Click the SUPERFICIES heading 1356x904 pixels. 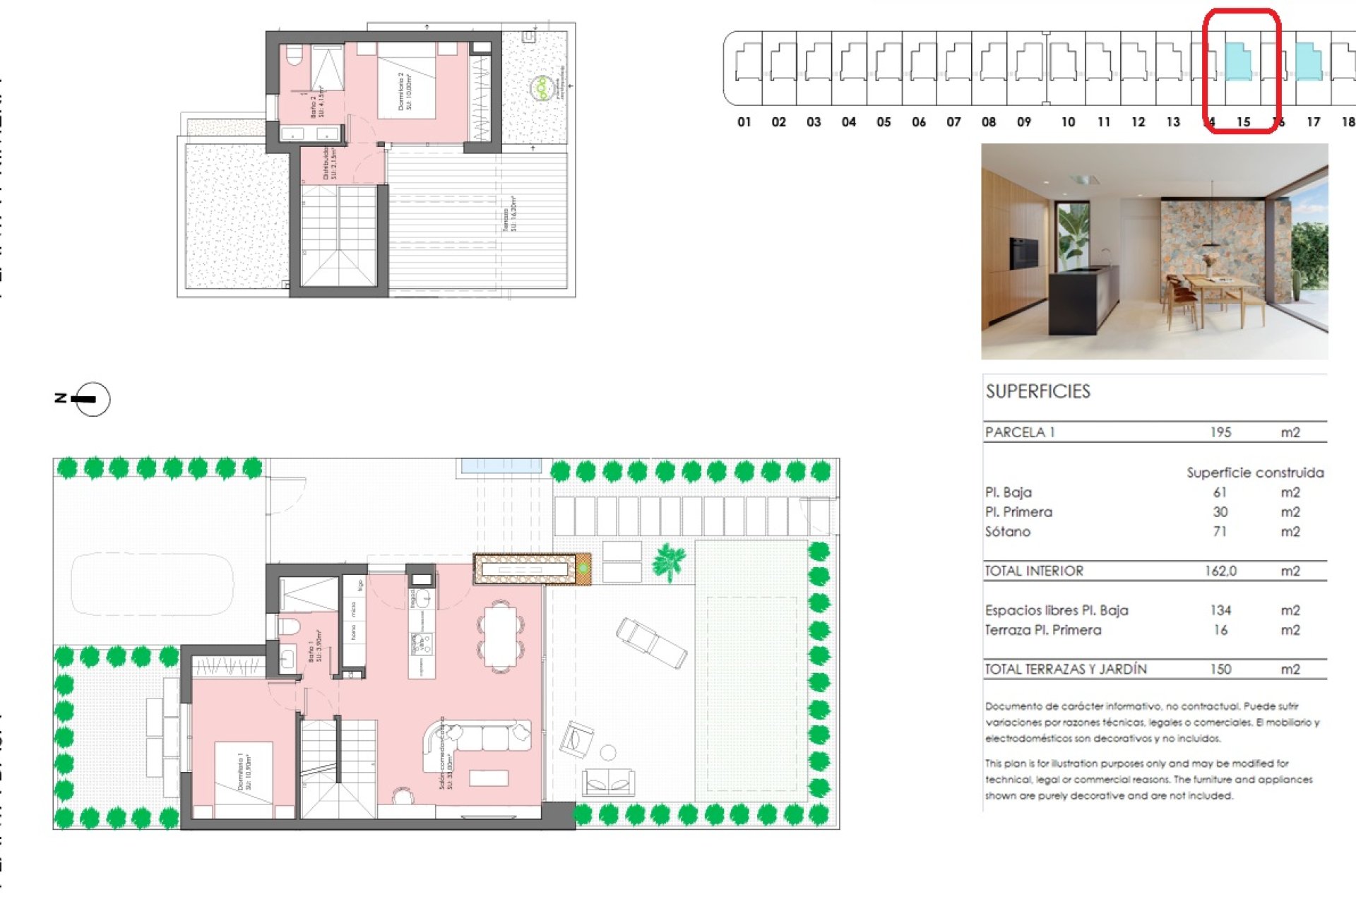(1037, 391)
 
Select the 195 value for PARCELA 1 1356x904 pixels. (1220, 432)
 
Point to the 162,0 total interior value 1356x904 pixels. (1220, 571)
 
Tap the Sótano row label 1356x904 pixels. (1007, 532)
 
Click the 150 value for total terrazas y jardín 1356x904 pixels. (1220, 669)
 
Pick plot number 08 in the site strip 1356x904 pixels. (988, 122)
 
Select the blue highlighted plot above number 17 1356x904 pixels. (1309, 61)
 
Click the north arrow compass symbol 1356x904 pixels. (92, 399)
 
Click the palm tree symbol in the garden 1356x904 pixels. (668, 561)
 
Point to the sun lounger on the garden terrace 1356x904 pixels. (650, 642)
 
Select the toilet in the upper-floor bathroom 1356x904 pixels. (294, 54)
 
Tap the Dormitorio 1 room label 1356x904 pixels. (244, 771)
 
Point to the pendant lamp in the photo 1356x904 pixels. (1211, 244)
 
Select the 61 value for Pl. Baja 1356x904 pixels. (1220, 492)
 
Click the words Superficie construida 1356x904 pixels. (1254, 472)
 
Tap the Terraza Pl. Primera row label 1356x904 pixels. (1042, 630)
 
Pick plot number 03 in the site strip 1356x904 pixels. (814, 122)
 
